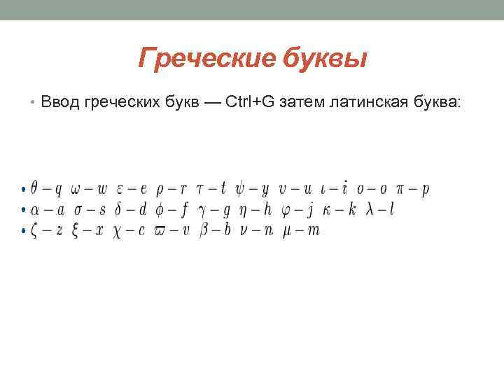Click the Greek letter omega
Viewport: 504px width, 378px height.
77,189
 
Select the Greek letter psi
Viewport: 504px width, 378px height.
241,188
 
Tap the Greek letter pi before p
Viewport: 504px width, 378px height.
402,189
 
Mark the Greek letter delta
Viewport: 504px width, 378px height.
122,209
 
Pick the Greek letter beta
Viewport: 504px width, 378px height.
204,230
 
